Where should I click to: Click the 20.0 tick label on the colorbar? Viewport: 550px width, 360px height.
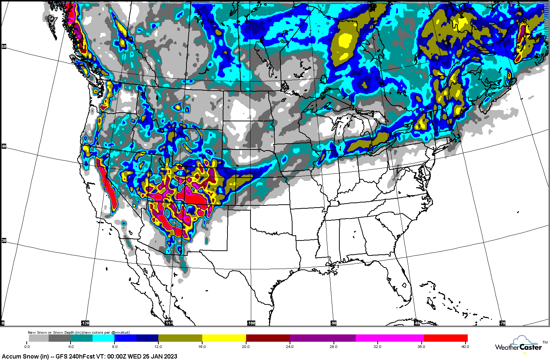pyautogui.click(x=245, y=346)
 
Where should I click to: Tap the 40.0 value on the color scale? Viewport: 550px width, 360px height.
pyautogui.click(x=465, y=346)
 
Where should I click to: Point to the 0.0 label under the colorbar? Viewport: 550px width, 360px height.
pyautogui.click(x=27, y=346)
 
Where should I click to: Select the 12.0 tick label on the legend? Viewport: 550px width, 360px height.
pyautogui.click(x=158, y=346)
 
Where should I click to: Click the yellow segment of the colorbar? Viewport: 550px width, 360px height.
pyautogui.click(x=224, y=338)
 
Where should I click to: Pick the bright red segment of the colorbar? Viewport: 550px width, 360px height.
pyautogui.click(x=446, y=338)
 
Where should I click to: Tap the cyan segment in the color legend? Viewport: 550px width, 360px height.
pyautogui.click(x=103, y=338)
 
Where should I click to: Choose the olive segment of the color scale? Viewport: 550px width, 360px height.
pyautogui.click(x=180, y=338)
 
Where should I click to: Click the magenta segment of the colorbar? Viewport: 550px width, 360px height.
pyautogui.click(x=389, y=338)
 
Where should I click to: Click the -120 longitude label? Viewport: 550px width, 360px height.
pyautogui.click(x=85, y=323)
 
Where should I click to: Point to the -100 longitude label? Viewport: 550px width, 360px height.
pyautogui.click(x=251, y=323)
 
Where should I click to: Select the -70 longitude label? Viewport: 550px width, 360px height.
pyautogui.click(x=502, y=323)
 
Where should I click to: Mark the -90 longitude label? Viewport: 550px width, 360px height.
pyautogui.click(x=334, y=323)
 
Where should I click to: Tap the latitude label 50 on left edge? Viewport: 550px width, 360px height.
pyautogui.click(x=4, y=46)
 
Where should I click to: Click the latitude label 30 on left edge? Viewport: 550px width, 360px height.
pyautogui.click(x=4, y=240)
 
